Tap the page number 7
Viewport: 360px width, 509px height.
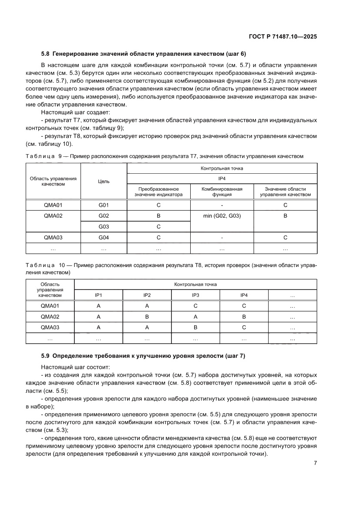click(315, 463)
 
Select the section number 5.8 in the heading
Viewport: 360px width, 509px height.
click(46, 54)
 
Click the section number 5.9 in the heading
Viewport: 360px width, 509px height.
click(46, 356)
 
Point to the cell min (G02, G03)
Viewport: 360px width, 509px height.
click(222, 216)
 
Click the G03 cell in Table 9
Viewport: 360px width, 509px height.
click(104, 226)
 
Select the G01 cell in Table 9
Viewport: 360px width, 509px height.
click(104, 205)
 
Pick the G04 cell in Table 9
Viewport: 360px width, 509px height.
click(104, 237)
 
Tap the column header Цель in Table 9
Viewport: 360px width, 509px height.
click(104, 181)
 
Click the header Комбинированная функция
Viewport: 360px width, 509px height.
click(222, 192)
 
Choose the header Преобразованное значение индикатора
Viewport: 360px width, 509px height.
click(158, 192)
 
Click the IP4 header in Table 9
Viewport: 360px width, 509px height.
click(222, 178)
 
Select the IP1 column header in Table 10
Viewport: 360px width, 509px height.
click(99, 295)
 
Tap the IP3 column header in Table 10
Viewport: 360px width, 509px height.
click(195, 295)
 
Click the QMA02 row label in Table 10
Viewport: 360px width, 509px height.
click(50, 317)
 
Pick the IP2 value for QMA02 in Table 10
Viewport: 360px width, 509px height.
click(147, 317)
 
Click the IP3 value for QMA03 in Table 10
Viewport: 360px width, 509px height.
click(195, 327)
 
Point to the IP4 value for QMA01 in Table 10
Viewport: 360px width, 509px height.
click(244, 306)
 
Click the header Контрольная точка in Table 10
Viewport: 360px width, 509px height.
click(195, 284)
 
